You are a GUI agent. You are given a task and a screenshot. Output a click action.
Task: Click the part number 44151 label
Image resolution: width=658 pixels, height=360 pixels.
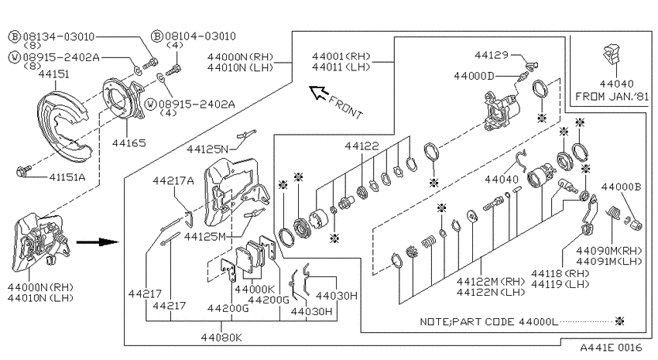(x=53, y=74)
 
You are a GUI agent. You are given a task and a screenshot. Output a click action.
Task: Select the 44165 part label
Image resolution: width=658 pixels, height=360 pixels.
(x=129, y=143)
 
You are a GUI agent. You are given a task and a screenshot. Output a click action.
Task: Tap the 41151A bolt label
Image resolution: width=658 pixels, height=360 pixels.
(x=67, y=177)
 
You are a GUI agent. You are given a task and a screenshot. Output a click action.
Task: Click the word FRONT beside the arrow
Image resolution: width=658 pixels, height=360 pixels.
(x=346, y=108)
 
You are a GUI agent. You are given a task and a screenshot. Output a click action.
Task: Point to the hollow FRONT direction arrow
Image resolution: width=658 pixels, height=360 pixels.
(x=318, y=92)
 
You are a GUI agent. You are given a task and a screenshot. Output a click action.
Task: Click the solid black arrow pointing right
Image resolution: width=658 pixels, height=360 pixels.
(x=98, y=242)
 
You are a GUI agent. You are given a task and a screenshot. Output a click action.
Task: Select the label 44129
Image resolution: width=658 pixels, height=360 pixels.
(x=492, y=55)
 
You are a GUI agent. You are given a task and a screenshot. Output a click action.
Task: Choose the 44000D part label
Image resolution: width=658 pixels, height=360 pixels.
(x=475, y=76)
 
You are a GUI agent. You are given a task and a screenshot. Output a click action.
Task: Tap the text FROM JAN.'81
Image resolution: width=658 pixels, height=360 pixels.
(x=612, y=97)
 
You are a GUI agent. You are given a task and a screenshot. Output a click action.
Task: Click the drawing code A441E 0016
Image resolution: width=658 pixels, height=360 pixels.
(x=611, y=348)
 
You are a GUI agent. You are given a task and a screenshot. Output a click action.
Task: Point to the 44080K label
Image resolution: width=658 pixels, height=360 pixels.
(x=221, y=338)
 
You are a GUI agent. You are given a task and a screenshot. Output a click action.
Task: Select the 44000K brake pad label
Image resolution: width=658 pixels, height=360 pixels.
(x=255, y=289)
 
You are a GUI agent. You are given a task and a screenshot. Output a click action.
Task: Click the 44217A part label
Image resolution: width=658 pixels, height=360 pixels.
(x=173, y=181)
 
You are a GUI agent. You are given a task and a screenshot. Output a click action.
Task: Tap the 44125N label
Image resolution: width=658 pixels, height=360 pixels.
(x=207, y=149)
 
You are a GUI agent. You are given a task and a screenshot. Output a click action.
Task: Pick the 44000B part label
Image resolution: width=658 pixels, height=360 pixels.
(x=621, y=187)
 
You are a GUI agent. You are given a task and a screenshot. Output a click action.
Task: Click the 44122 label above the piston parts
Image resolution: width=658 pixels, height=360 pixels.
(x=362, y=146)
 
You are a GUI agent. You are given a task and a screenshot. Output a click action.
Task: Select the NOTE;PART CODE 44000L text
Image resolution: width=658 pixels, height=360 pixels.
(x=489, y=322)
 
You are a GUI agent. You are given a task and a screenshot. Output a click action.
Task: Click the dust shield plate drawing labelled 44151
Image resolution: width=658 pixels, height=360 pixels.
(x=63, y=126)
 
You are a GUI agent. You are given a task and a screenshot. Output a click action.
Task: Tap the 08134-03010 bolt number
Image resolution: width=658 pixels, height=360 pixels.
(x=59, y=37)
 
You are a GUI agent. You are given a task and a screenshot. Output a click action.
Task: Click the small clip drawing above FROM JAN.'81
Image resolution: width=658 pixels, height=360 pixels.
(x=612, y=53)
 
